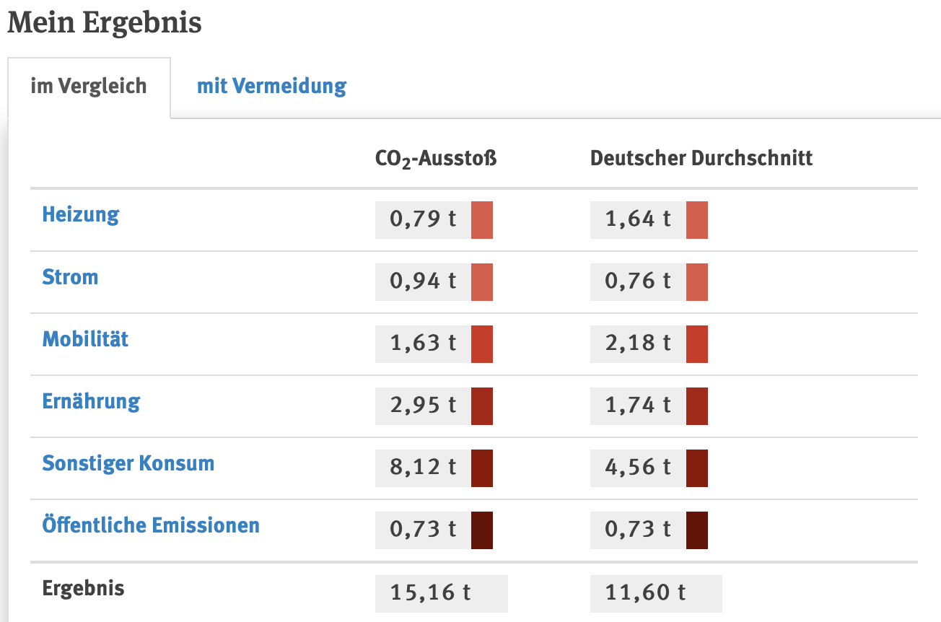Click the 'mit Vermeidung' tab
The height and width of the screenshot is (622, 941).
[x=272, y=86]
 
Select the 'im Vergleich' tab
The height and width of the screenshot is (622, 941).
[x=89, y=86]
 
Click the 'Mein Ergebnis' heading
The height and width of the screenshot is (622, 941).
[x=105, y=22]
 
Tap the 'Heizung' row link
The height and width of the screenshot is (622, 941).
[x=81, y=214]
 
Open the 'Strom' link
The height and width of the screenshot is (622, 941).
[x=70, y=277]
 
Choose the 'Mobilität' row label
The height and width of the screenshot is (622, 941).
[x=85, y=339]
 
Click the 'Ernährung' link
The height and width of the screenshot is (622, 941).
[x=91, y=401]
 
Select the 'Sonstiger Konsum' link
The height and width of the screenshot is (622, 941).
[x=128, y=463]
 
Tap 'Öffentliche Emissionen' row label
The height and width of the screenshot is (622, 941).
[x=151, y=525]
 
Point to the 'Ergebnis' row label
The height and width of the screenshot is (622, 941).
[x=83, y=588]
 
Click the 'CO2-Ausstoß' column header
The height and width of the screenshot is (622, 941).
[x=436, y=159]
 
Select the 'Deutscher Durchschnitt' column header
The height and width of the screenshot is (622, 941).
[x=701, y=158]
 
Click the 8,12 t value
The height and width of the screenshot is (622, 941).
[x=423, y=467]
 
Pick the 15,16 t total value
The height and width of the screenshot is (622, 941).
[x=430, y=592]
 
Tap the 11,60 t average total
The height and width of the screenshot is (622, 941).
[x=645, y=592]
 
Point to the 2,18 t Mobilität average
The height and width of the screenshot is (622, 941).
[x=638, y=343]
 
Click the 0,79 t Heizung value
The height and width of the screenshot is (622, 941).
[x=423, y=219]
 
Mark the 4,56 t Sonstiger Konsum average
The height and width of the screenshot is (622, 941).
[x=638, y=467]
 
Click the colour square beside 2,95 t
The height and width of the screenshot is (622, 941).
[x=482, y=406]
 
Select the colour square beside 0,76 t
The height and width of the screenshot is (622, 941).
[x=697, y=282]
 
